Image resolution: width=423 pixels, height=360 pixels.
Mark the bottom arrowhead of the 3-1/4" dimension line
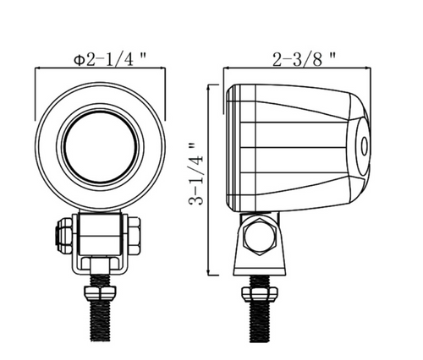[x=211, y=273]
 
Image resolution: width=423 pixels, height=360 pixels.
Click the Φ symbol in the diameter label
[x=79, y=60]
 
